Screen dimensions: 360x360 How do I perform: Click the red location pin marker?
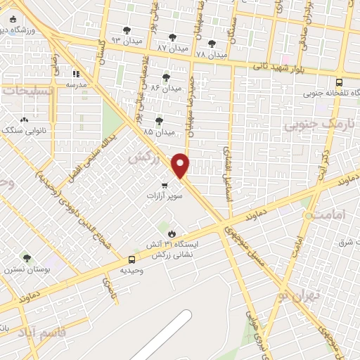click(181, 165)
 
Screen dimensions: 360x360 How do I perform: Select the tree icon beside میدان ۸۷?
click(172, 37)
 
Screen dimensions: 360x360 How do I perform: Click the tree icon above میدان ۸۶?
click(167, 77)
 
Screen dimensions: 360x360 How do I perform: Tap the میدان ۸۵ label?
click(158, 131)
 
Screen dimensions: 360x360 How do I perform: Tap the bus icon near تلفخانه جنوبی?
click(339, 82)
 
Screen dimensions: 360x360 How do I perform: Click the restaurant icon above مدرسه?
click(75, 73)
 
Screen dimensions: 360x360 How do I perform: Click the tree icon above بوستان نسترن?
click(27, 259)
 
